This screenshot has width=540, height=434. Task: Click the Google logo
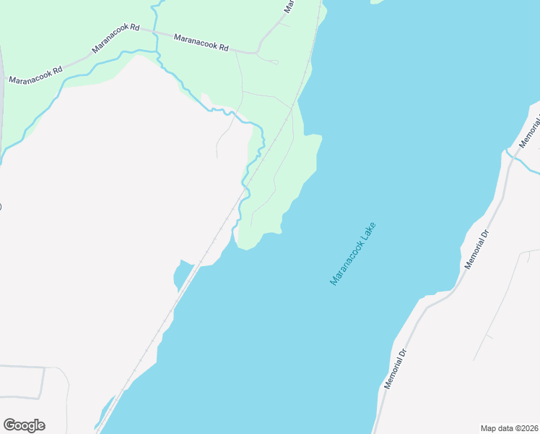[24, 425]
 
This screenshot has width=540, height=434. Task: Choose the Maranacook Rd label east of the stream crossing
[201, 41]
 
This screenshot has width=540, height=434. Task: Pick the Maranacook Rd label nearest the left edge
[35, 75]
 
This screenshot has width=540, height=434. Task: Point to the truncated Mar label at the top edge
[289, 7]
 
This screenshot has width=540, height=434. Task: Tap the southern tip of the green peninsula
[245, 249]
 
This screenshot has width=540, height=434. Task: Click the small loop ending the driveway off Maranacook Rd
[274, 62]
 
